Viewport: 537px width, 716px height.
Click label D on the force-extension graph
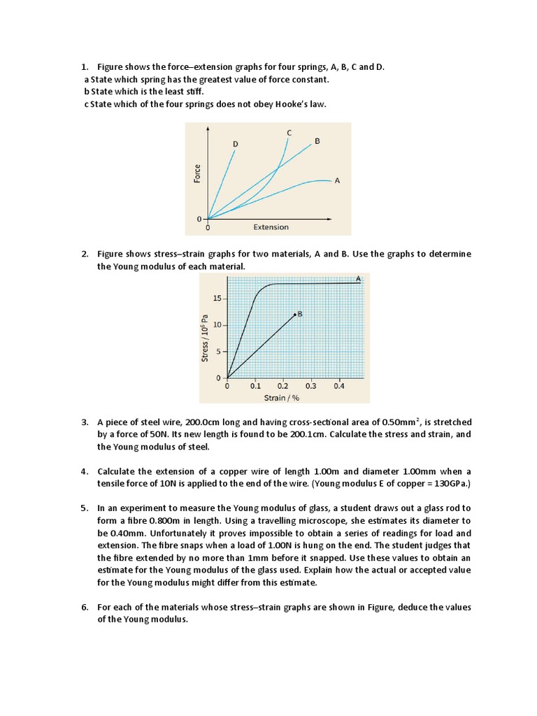click(236, 144)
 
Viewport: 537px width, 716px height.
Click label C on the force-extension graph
click(289, 132)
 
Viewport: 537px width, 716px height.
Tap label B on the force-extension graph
click(317, 141)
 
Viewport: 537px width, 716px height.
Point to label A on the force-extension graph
click(337, 180)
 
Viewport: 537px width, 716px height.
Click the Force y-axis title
click(197, 174)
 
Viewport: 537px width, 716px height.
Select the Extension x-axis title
click(271, 227)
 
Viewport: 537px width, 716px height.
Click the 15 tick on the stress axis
click(216, 299)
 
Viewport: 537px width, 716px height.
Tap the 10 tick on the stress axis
click(216, 325)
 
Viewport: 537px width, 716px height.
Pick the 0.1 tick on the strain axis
click(255, 386)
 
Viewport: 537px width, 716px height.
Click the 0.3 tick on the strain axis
click(311, 386)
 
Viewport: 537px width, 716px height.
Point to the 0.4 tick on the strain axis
click(339, 386)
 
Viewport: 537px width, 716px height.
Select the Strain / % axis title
click(280, 397)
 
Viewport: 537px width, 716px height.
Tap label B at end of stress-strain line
click(300, 315)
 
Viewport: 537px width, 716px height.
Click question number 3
click(84, 422)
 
